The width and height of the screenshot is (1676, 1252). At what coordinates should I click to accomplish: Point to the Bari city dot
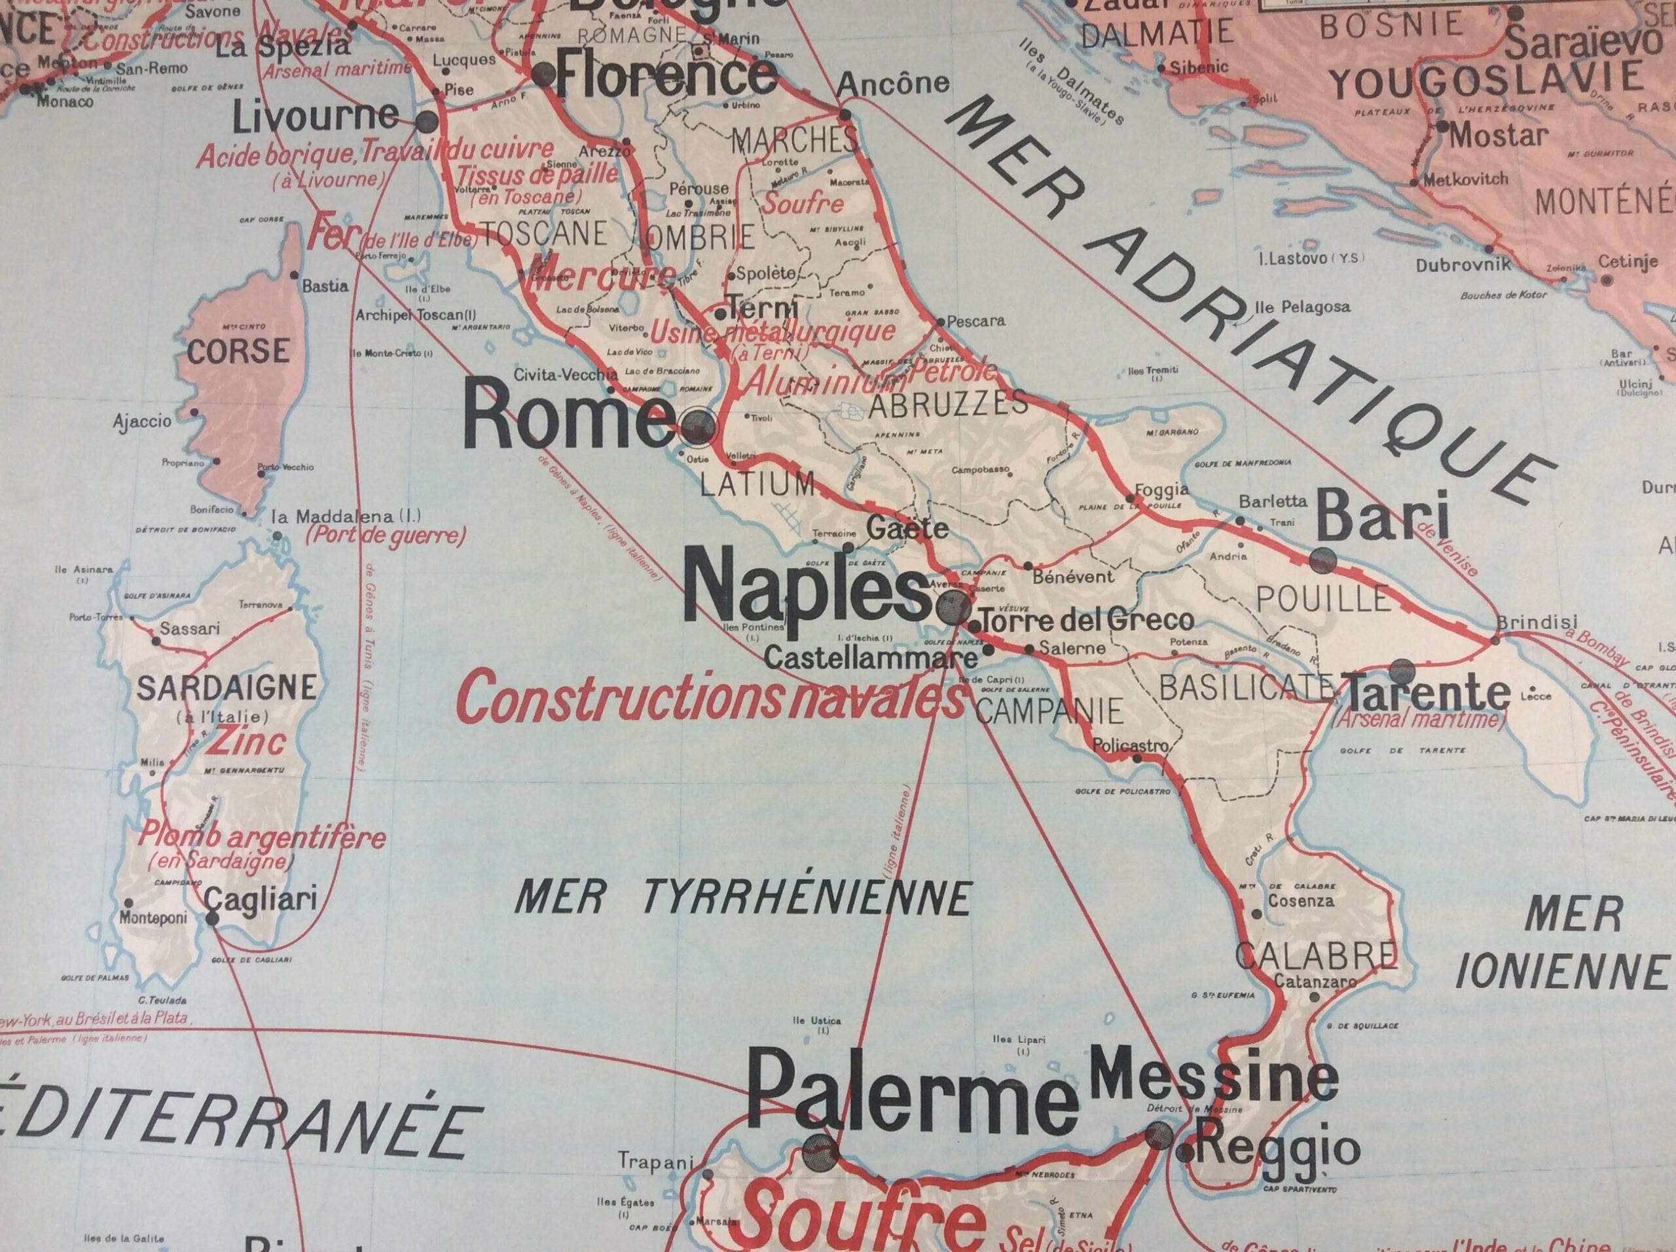[1324, 559]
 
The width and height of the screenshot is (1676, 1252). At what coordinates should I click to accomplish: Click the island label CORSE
[238, 352]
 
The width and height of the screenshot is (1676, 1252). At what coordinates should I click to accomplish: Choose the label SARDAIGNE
[227, 688]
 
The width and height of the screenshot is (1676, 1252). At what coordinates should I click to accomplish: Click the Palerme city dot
[820, 1154]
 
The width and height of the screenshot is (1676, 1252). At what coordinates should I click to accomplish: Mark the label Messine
[1212, 1079]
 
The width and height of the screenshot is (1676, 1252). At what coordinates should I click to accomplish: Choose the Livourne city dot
[427, 122]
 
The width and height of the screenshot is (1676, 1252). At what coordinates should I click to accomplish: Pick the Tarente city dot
[1402, 671]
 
